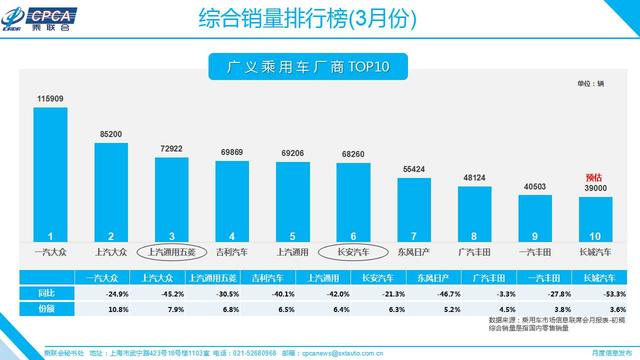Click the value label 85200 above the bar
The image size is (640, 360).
click(111, 134)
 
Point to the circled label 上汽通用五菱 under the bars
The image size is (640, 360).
click(172, 252)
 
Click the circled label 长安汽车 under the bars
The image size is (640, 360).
click(355, 252)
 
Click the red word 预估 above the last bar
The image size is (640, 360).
click(596, 177)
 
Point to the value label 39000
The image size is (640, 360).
click(596, 188)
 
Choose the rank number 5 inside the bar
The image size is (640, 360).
click(294, 233)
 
